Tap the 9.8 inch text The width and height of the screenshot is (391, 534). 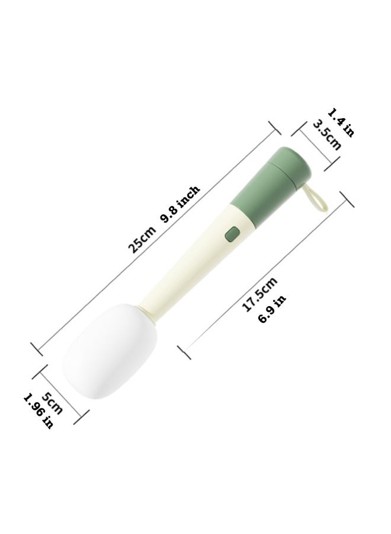[x=180, y=204]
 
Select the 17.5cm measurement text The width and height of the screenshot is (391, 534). [x=259, y=294]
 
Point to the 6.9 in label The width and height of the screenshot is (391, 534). [x=272, y=309]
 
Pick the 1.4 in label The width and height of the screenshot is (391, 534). [x=341, y=122]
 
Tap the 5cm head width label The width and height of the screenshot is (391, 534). [x=52, y=403]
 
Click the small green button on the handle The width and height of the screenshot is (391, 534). [x=232, y=234]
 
